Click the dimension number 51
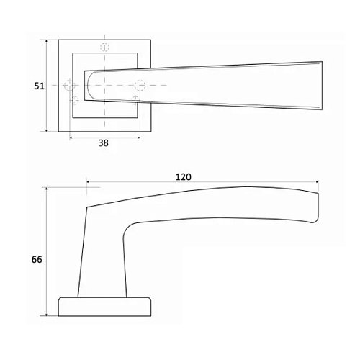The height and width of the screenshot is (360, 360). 40,86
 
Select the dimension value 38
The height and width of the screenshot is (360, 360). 103,143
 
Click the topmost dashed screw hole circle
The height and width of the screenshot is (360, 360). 105,47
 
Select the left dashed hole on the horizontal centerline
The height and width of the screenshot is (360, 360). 70,86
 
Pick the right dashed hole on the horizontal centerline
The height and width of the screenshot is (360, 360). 141,86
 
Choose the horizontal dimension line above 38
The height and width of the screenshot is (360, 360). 104,135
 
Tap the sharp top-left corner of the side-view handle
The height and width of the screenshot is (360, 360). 87,207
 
